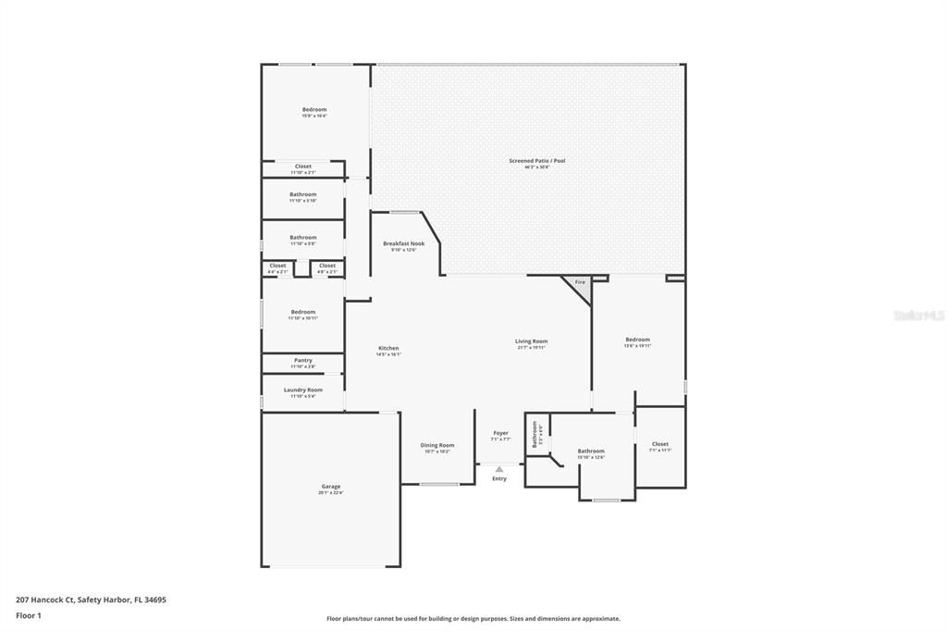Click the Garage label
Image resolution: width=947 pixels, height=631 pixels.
point(330,487)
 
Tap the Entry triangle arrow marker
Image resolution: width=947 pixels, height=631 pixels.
point(499,469)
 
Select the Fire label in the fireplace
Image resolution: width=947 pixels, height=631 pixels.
point(580,282)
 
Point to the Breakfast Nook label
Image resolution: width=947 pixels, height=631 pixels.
point(403,243)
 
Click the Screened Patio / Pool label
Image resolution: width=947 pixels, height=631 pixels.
point(536,161)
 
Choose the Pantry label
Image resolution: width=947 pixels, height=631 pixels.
point(302,360)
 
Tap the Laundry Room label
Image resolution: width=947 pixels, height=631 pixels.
point(302,390)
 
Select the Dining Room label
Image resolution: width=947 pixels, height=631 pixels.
point(438,445)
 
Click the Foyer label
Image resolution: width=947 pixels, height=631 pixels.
point(500,432)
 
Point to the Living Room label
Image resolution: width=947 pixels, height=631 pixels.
point(531,341)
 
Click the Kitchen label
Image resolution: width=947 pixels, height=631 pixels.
point(387,348)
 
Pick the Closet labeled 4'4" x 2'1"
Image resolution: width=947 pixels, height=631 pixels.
point(277,266)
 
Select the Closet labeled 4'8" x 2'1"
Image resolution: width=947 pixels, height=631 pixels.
point(327,266)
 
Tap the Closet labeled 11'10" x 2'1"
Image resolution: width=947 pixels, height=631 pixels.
point(302,167)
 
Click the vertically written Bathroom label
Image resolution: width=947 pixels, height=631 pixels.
point(534,435)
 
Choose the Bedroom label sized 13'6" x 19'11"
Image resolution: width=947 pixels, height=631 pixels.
point(637,340)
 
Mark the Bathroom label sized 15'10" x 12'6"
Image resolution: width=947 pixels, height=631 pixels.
point(591,451)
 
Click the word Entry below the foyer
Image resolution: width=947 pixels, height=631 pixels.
point(499,478)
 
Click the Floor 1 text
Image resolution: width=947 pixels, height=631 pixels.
point(28,614)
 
